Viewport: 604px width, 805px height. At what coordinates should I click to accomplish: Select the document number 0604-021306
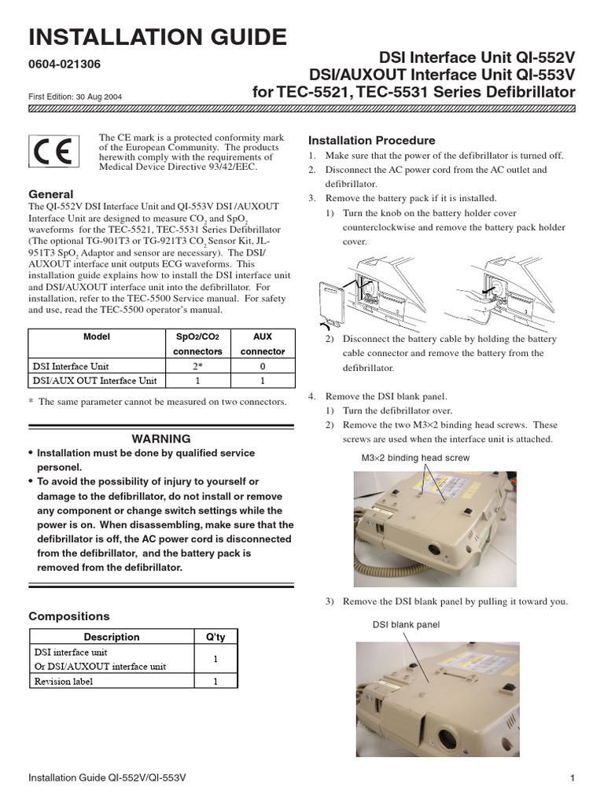64,64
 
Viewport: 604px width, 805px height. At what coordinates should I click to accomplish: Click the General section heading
50,194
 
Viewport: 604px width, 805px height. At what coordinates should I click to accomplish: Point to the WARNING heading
160,439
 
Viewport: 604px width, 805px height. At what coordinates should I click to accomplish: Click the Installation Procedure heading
371,140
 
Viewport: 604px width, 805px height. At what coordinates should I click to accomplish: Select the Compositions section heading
68,616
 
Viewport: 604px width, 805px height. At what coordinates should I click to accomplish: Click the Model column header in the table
97,336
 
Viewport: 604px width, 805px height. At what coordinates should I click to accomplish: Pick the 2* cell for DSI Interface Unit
197,366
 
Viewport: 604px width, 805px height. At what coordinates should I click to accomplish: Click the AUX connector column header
262,344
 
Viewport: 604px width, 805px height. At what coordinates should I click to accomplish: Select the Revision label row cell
63,682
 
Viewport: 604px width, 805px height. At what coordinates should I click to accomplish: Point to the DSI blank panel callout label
406,625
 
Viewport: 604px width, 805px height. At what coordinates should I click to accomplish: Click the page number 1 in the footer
573,778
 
